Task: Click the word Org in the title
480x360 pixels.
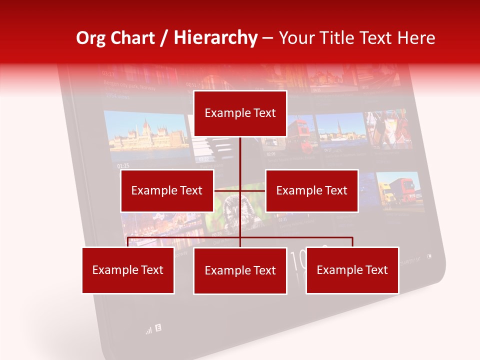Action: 91,38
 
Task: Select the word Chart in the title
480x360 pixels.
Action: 132,38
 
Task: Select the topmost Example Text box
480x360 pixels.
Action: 240,113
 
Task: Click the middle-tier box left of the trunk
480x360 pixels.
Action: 167,190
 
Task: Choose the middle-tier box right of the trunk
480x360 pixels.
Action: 311,190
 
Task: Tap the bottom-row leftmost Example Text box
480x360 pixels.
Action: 128,270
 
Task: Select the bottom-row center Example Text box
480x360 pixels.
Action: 240,271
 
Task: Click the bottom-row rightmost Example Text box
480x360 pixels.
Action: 352,270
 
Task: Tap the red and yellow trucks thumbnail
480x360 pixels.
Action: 398,190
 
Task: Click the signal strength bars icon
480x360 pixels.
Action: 148,330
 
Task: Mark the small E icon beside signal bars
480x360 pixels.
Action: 158,328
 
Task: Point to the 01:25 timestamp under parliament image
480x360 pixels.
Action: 123,165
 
